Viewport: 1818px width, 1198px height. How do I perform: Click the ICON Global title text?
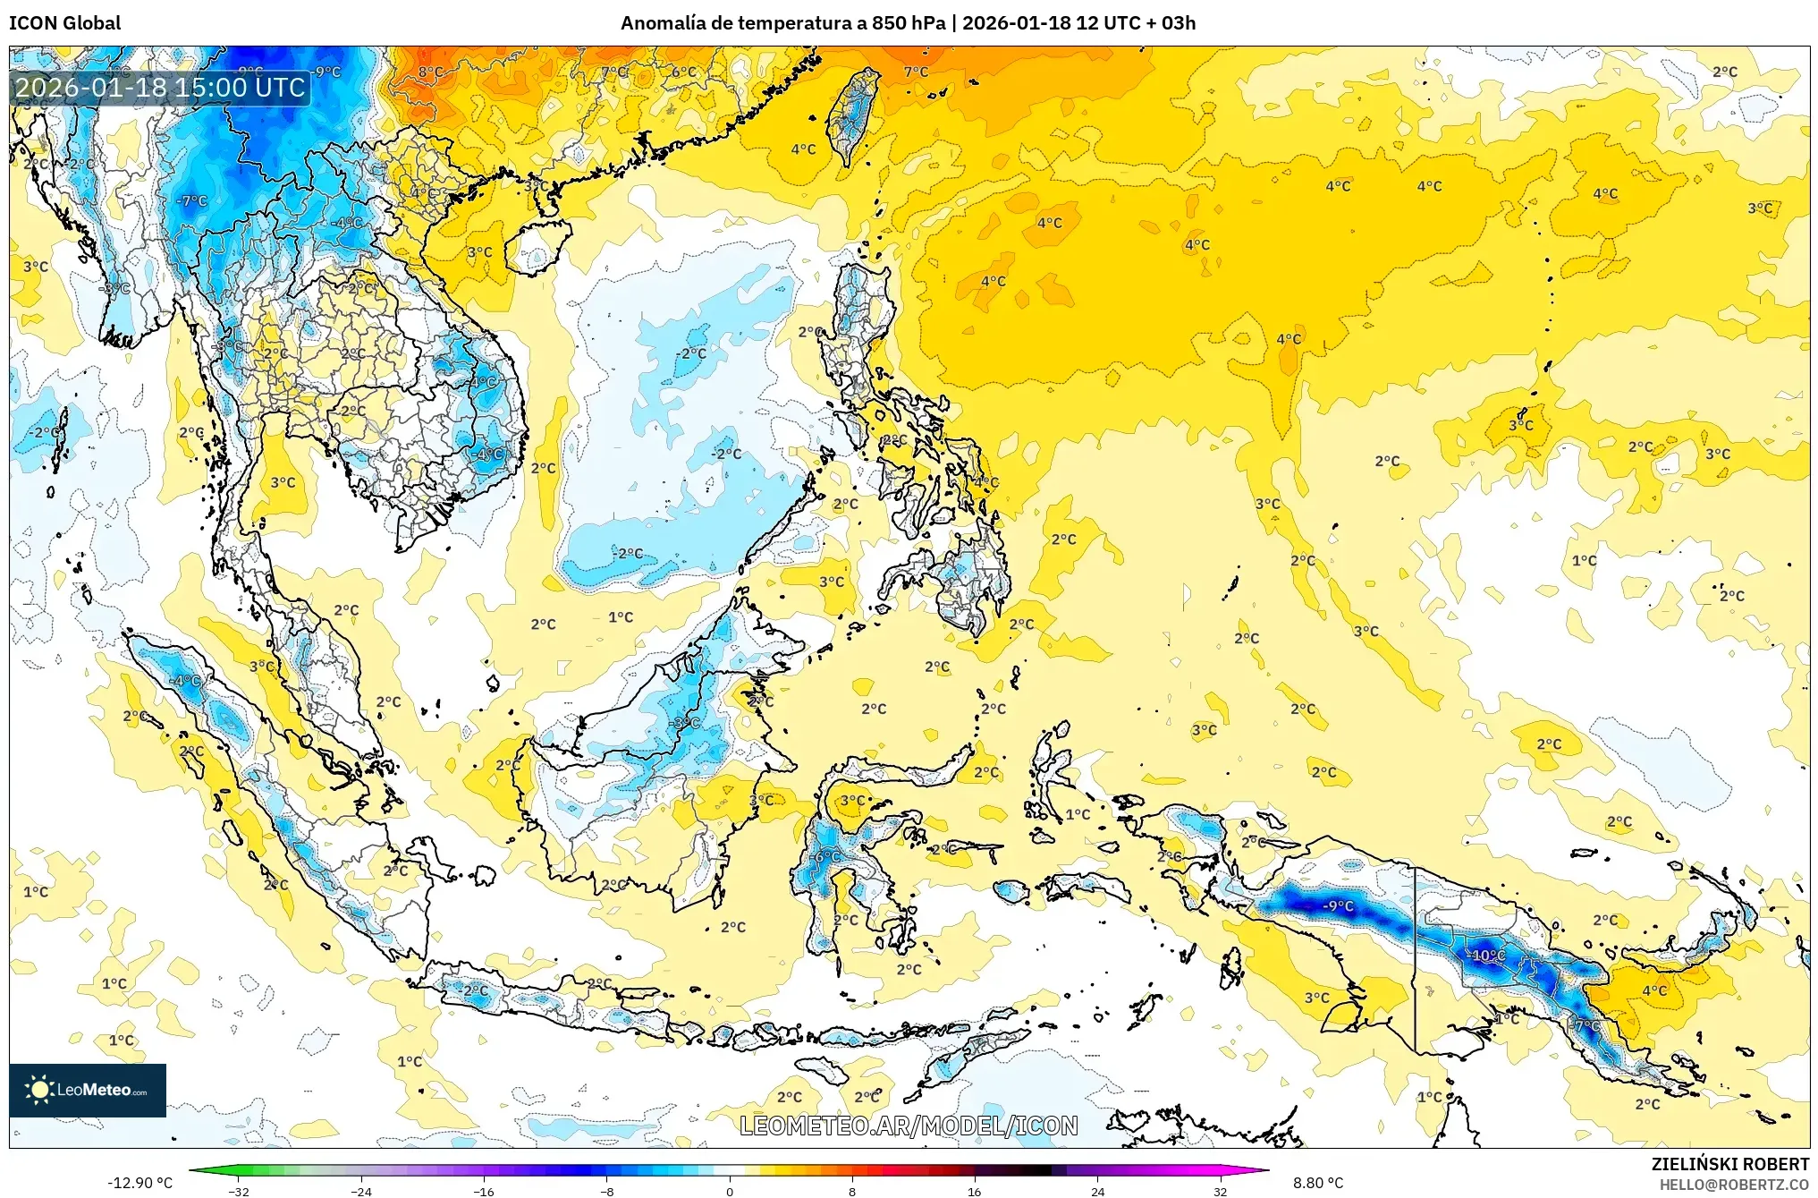click(x=64, y=23)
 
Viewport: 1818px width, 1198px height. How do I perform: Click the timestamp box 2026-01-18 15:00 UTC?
click(x=160, y=88)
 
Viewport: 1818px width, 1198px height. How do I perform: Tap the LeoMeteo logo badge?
click(x=88, y=1090)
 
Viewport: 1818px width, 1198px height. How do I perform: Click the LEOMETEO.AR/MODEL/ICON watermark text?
click(x=909, y=1126)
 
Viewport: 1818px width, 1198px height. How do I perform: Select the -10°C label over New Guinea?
click(x=1487, y=956)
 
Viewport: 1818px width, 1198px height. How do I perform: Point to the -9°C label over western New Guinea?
click(x=1338, y=906)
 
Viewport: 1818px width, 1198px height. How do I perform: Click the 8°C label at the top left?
click(x=430, y=72)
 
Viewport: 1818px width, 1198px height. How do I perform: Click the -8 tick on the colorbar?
click(x=606, y=1192)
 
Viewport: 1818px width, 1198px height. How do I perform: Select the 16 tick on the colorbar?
click(x=974, y=1192)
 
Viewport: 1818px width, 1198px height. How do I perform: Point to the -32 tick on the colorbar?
click(x=238, y=1192)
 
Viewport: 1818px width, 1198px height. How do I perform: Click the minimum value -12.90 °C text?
click(x=140, y=1183)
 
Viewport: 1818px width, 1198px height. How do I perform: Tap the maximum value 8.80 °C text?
click(x=1317, y=1183)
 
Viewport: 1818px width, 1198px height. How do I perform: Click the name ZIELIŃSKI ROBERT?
click(x=1729, y=1164)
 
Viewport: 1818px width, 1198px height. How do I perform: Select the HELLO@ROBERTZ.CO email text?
click(x=1734, y=1185)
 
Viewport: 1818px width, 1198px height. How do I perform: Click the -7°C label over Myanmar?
click(x=191, y=201)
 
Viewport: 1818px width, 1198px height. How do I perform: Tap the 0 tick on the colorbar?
click(x=729, y=1192)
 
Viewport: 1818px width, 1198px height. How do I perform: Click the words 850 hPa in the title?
click(x=908, y=23)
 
